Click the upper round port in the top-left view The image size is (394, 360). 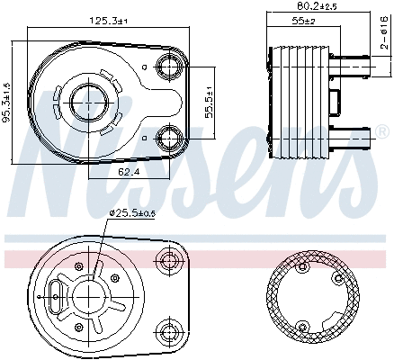click(169, 65)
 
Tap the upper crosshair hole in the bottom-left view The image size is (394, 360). click(168, 261)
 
